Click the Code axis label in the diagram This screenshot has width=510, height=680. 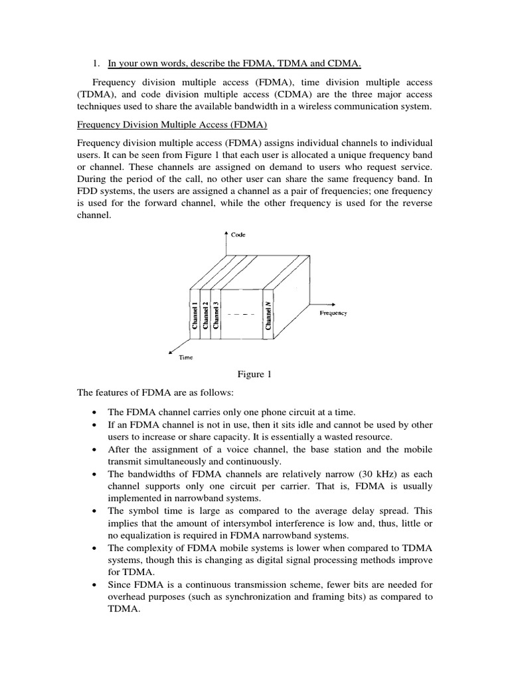tap(238, 234)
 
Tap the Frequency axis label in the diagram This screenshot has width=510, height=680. tap(333, 312)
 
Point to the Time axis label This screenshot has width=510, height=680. tap(186, 358)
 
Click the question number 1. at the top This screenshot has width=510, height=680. tap(96, 64)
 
